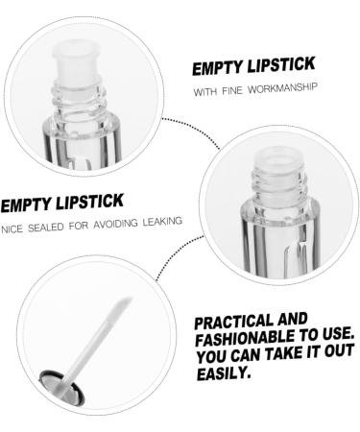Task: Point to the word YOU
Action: pos(210,355)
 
